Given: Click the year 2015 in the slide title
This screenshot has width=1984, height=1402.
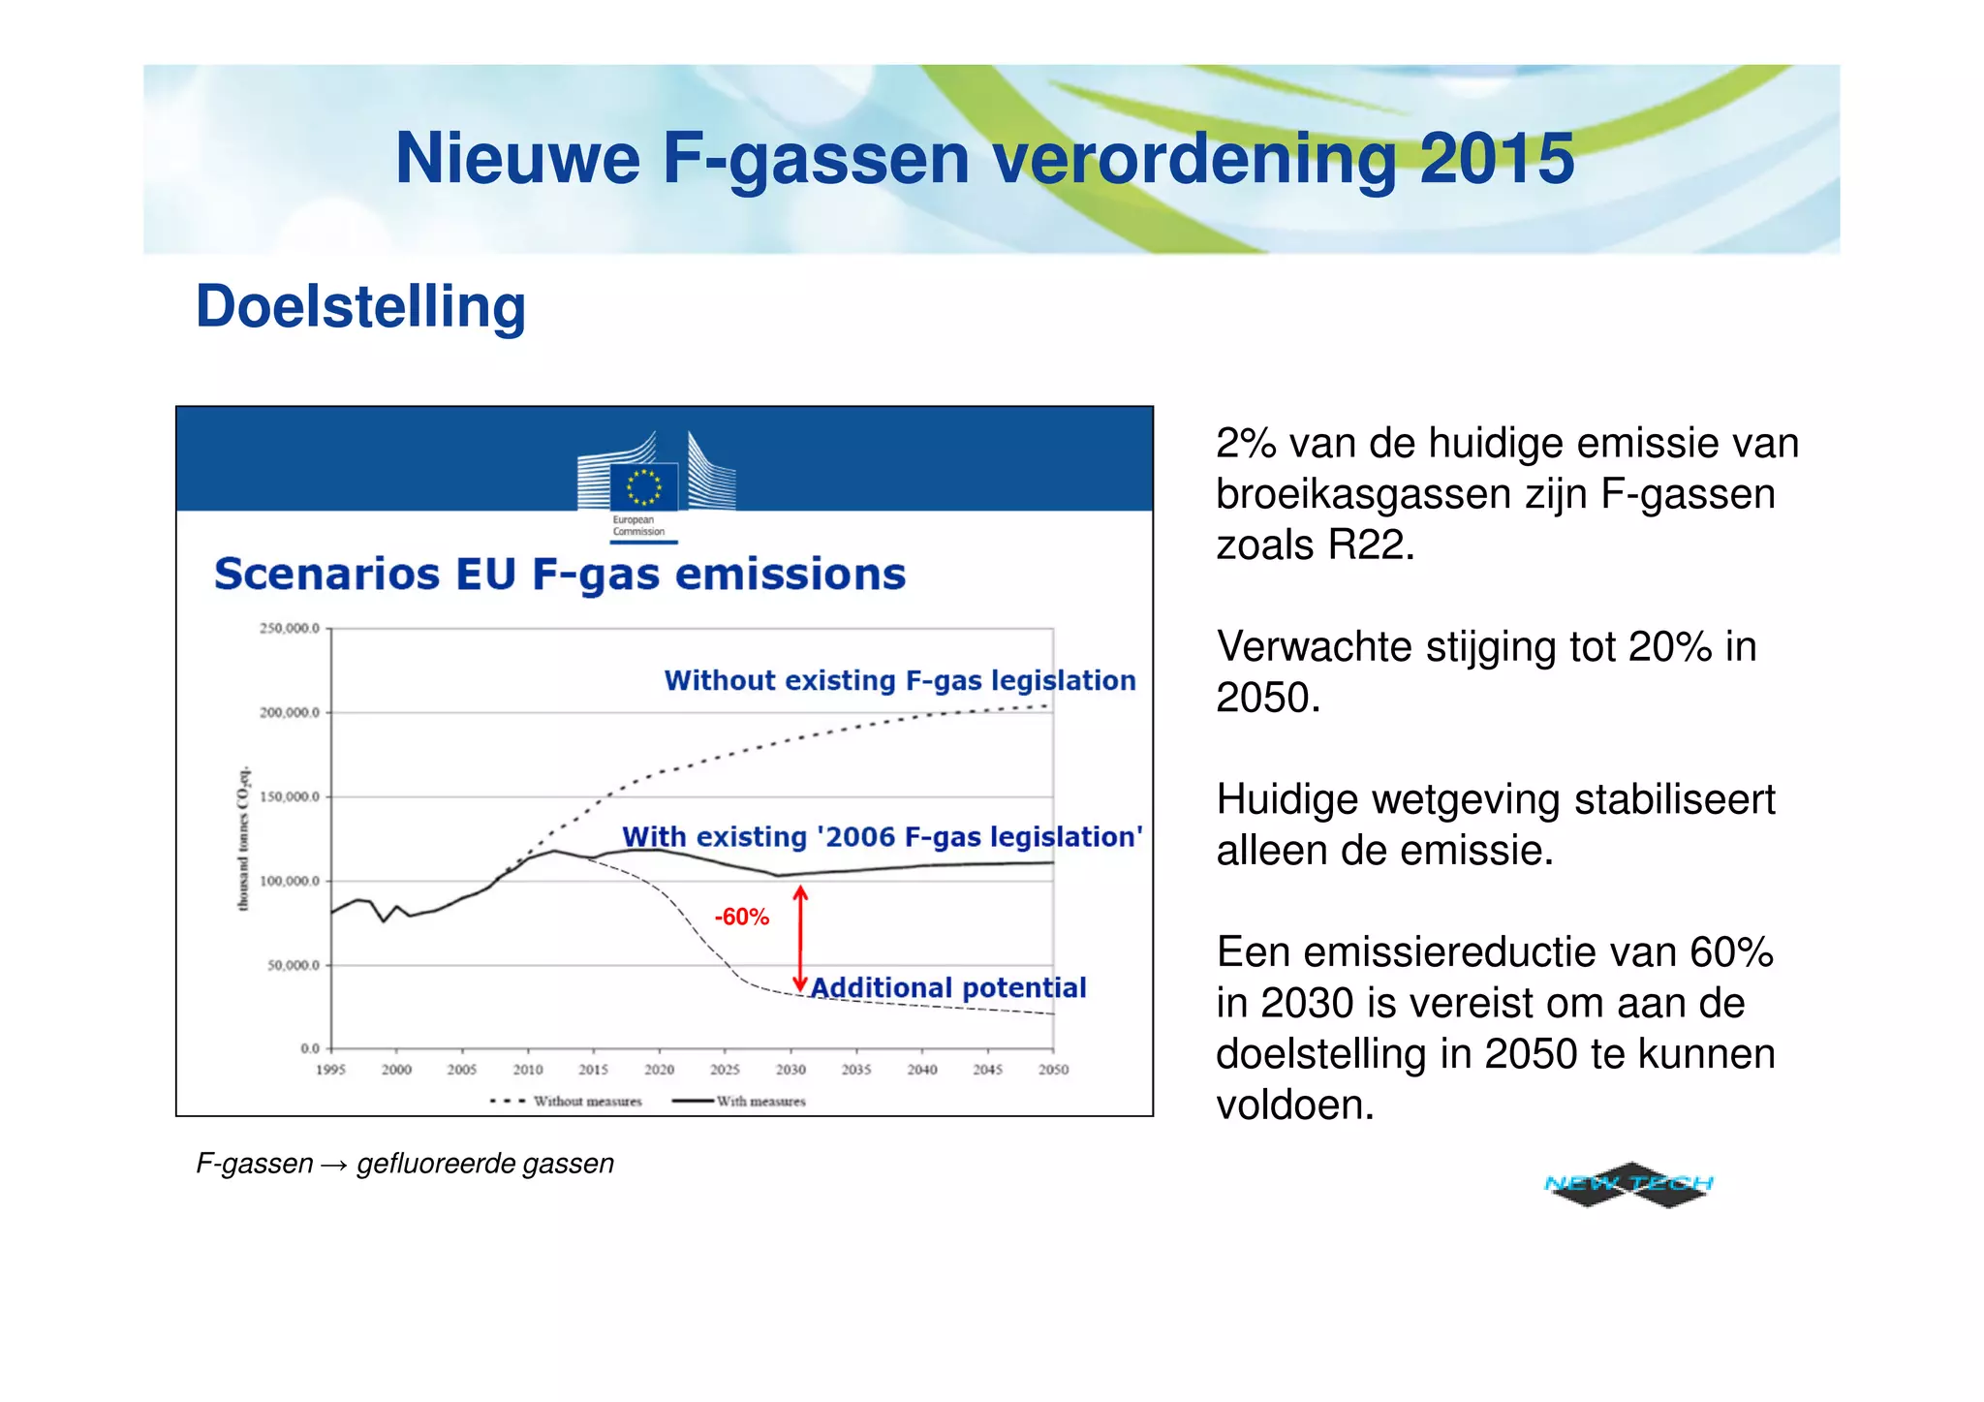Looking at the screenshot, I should (x=1497, y=159).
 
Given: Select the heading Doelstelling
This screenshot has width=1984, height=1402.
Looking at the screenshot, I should (x=360, y=307).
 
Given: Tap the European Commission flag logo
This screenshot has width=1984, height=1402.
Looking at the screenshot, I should (x=643, y=486).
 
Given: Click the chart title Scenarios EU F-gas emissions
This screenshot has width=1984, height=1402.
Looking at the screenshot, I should (x=560, y=574).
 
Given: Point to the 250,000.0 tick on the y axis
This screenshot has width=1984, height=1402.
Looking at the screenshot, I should (x=289, y=629).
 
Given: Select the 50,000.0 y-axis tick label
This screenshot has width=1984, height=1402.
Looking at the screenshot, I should (x=293, y=965).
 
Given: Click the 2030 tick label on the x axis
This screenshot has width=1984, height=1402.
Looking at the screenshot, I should (x=790, y=1070).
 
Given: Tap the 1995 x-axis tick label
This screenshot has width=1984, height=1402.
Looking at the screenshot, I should (x=330, y=1070).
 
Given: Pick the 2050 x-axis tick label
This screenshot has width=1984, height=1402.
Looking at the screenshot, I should (x=1053, y=1070).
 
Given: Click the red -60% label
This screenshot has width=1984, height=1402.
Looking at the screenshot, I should (x=741, y=917).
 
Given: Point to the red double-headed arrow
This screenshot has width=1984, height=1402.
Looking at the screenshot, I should (x=800, y=938).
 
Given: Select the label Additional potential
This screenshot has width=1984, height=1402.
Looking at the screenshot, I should (x=948, y=988).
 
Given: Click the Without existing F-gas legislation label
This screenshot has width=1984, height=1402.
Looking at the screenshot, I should (x=900, y=680).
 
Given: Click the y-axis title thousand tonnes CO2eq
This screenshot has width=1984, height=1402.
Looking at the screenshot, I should (x=244, y=838).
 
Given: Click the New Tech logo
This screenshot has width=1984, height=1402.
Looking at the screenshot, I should (x=1628, y=1184).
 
